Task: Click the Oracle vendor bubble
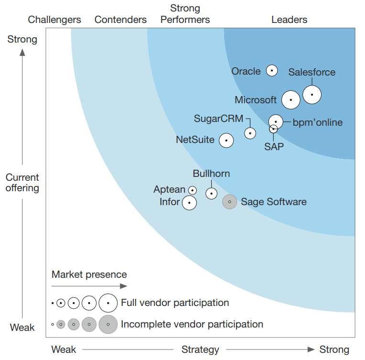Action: click(272, 71)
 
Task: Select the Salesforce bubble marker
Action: click(312, 95)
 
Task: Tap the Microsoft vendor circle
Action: click(291, 100)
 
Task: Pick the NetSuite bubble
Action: click(226, 141)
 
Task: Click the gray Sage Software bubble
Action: click(230, 202)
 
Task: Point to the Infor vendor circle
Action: click(189, 203)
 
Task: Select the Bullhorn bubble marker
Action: click(211, 193)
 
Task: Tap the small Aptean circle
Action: click(193, 190)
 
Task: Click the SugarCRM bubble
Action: click(250, 133)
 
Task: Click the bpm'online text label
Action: click(317, 122)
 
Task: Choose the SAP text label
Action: click(274, 147)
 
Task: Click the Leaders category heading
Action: click(289, 20)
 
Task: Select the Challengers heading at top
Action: click(54, 20)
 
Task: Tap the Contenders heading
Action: click(120, 20)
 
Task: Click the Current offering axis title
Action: click(22, 183)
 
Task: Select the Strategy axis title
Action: click(200, 349)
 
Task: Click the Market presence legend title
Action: click(89, 274)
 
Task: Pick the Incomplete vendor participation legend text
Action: click(192, 324)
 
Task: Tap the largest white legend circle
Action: click(108, 303)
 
